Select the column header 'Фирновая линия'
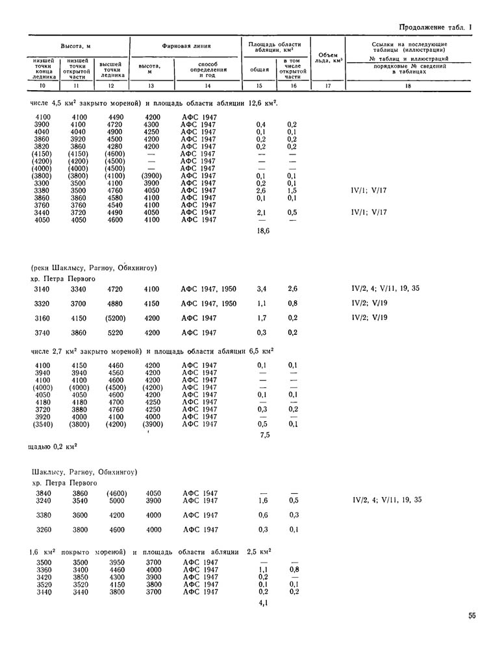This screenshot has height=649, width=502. click(x=186, y=47)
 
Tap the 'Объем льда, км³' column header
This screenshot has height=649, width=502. click(x=328, y=57)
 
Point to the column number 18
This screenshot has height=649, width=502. click(x=408, y=86)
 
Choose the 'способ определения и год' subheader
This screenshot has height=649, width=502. click(x=208, y=70)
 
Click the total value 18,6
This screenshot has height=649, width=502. click(x=264, y=230)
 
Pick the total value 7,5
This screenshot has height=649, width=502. click(x=264, y=435)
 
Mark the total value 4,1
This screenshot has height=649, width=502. click(x=264, y=603)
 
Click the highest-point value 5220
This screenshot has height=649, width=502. click(x=116, y=333)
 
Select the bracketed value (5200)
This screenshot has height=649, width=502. click(x=116, y=319)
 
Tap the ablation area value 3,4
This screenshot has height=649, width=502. click(x=261, y=289)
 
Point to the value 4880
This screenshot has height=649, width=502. click(x=116, y=304)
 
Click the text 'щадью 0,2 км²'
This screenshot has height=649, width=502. click(x=55, y=446)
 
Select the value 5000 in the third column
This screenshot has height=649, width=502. click(x=116, y=501)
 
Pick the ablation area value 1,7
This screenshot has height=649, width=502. click(x=261, y=319)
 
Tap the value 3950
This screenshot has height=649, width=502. click(x=116, y=562)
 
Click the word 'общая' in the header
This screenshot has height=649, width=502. click(x=260, y=69)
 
